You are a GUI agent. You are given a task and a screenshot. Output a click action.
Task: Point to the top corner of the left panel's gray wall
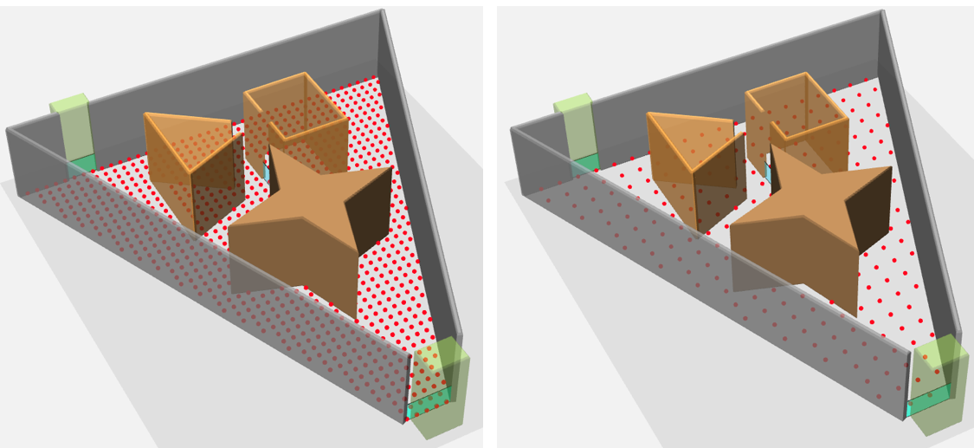(381, 12)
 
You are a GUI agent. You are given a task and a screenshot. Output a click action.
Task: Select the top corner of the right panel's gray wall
(881, 12)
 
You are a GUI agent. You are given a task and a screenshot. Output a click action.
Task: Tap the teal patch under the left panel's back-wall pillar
(82, 163)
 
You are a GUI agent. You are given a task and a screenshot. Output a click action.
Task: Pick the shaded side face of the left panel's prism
(216, 182)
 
